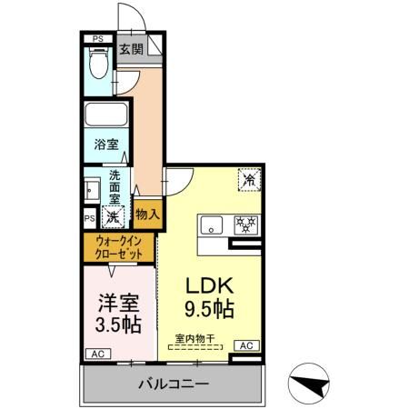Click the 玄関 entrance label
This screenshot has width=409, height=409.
(130, 48)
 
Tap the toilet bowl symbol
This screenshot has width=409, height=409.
(100, 65)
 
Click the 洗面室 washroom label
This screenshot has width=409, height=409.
(115, 185)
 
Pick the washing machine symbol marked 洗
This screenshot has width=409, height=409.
(113, 217)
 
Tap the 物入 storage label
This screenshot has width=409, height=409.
(147, 214)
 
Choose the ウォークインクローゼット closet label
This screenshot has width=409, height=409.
(120, 249)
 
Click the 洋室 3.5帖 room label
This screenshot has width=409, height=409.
(118, 312)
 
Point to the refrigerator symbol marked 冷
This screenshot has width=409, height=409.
(248, 180)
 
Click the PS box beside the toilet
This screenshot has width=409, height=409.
(98, 38)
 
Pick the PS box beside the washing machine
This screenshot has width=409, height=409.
(90, 219)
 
